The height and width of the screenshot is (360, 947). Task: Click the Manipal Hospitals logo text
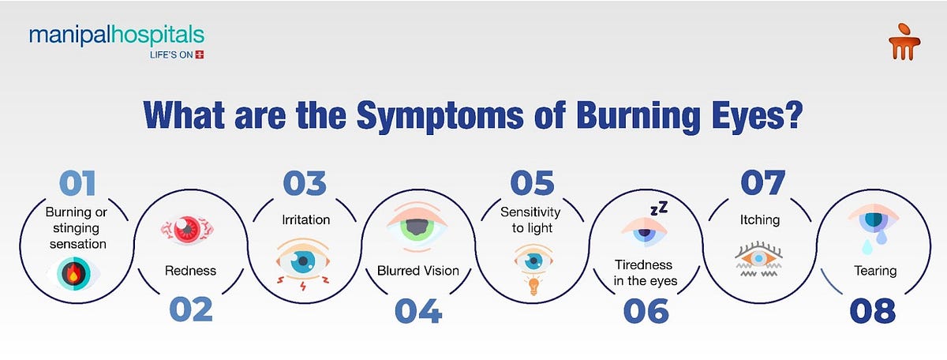tap(116, 36)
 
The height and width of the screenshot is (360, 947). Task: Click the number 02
tap(191, 309)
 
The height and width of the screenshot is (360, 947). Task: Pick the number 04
tap(418, 309)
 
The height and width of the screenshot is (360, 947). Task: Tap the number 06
tap(646, 309)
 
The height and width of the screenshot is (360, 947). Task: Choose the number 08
tap(874, 309)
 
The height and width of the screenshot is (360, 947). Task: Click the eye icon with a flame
tap(74, 276)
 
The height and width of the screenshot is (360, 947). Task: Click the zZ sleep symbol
tap(658, 209)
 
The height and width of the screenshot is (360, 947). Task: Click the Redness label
tap(190, 271)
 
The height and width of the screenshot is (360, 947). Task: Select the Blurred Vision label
tap(418, 271)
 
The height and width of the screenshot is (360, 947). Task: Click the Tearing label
tap(875, 271)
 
